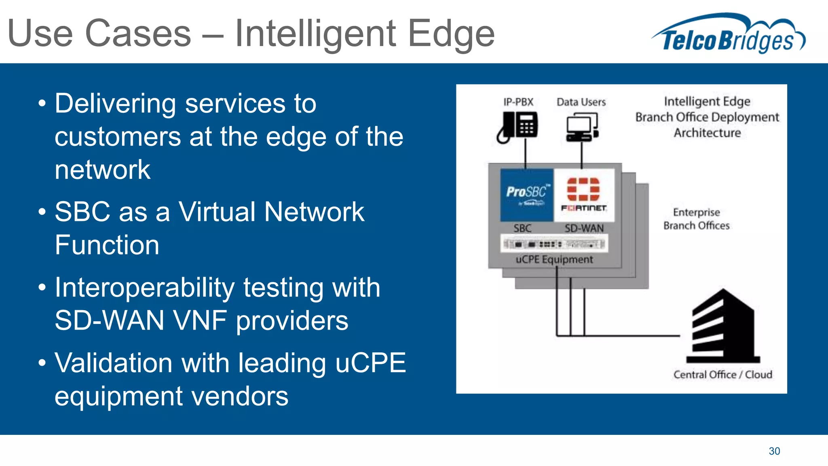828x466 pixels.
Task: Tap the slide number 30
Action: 774,451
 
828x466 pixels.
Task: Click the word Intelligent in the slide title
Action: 315,34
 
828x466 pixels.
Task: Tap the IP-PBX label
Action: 518,102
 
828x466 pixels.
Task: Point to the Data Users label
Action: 581,102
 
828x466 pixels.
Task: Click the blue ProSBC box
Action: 526,195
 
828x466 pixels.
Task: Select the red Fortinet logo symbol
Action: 583,189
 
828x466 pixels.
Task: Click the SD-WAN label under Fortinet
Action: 584,229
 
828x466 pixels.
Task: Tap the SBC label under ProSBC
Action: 522,229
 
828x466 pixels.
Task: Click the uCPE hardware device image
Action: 554,244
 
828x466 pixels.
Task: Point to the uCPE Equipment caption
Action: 554,259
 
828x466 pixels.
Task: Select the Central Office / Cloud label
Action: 722,375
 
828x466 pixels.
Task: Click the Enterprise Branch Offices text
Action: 696,219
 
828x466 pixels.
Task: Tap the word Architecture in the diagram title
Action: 707,133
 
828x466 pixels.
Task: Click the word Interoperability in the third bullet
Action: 144,288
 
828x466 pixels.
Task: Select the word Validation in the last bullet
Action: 114,363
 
